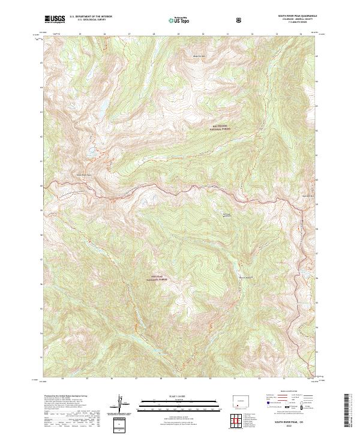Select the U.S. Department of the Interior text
(91, 17)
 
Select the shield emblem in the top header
(240, 20)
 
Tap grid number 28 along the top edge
(154, 34)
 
